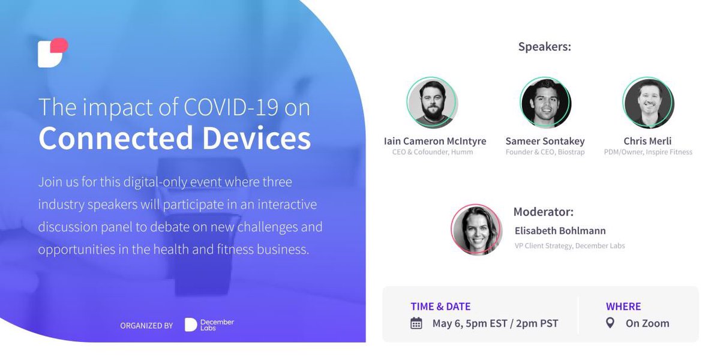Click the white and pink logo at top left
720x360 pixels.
point(52,53)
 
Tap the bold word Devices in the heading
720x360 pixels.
point(256,138)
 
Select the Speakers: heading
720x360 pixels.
point(544,47)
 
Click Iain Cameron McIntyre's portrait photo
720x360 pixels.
point(432,103)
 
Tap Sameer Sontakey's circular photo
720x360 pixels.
point(545,103)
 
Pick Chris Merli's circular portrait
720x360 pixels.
point(648,103)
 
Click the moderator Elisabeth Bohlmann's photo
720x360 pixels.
point(476,229)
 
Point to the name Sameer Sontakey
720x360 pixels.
point(545,141)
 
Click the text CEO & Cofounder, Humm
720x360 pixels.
point(434,152)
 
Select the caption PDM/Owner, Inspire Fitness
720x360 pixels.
point(648,152)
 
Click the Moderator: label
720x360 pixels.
point(543,212)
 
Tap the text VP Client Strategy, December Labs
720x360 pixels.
point(569,245)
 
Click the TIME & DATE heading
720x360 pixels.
point(440,307)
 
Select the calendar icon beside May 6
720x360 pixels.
point(416,323)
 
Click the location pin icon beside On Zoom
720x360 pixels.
point(610,323)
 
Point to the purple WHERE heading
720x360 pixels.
point(623,307)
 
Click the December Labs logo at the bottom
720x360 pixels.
point(209,325)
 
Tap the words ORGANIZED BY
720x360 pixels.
point(146,326)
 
